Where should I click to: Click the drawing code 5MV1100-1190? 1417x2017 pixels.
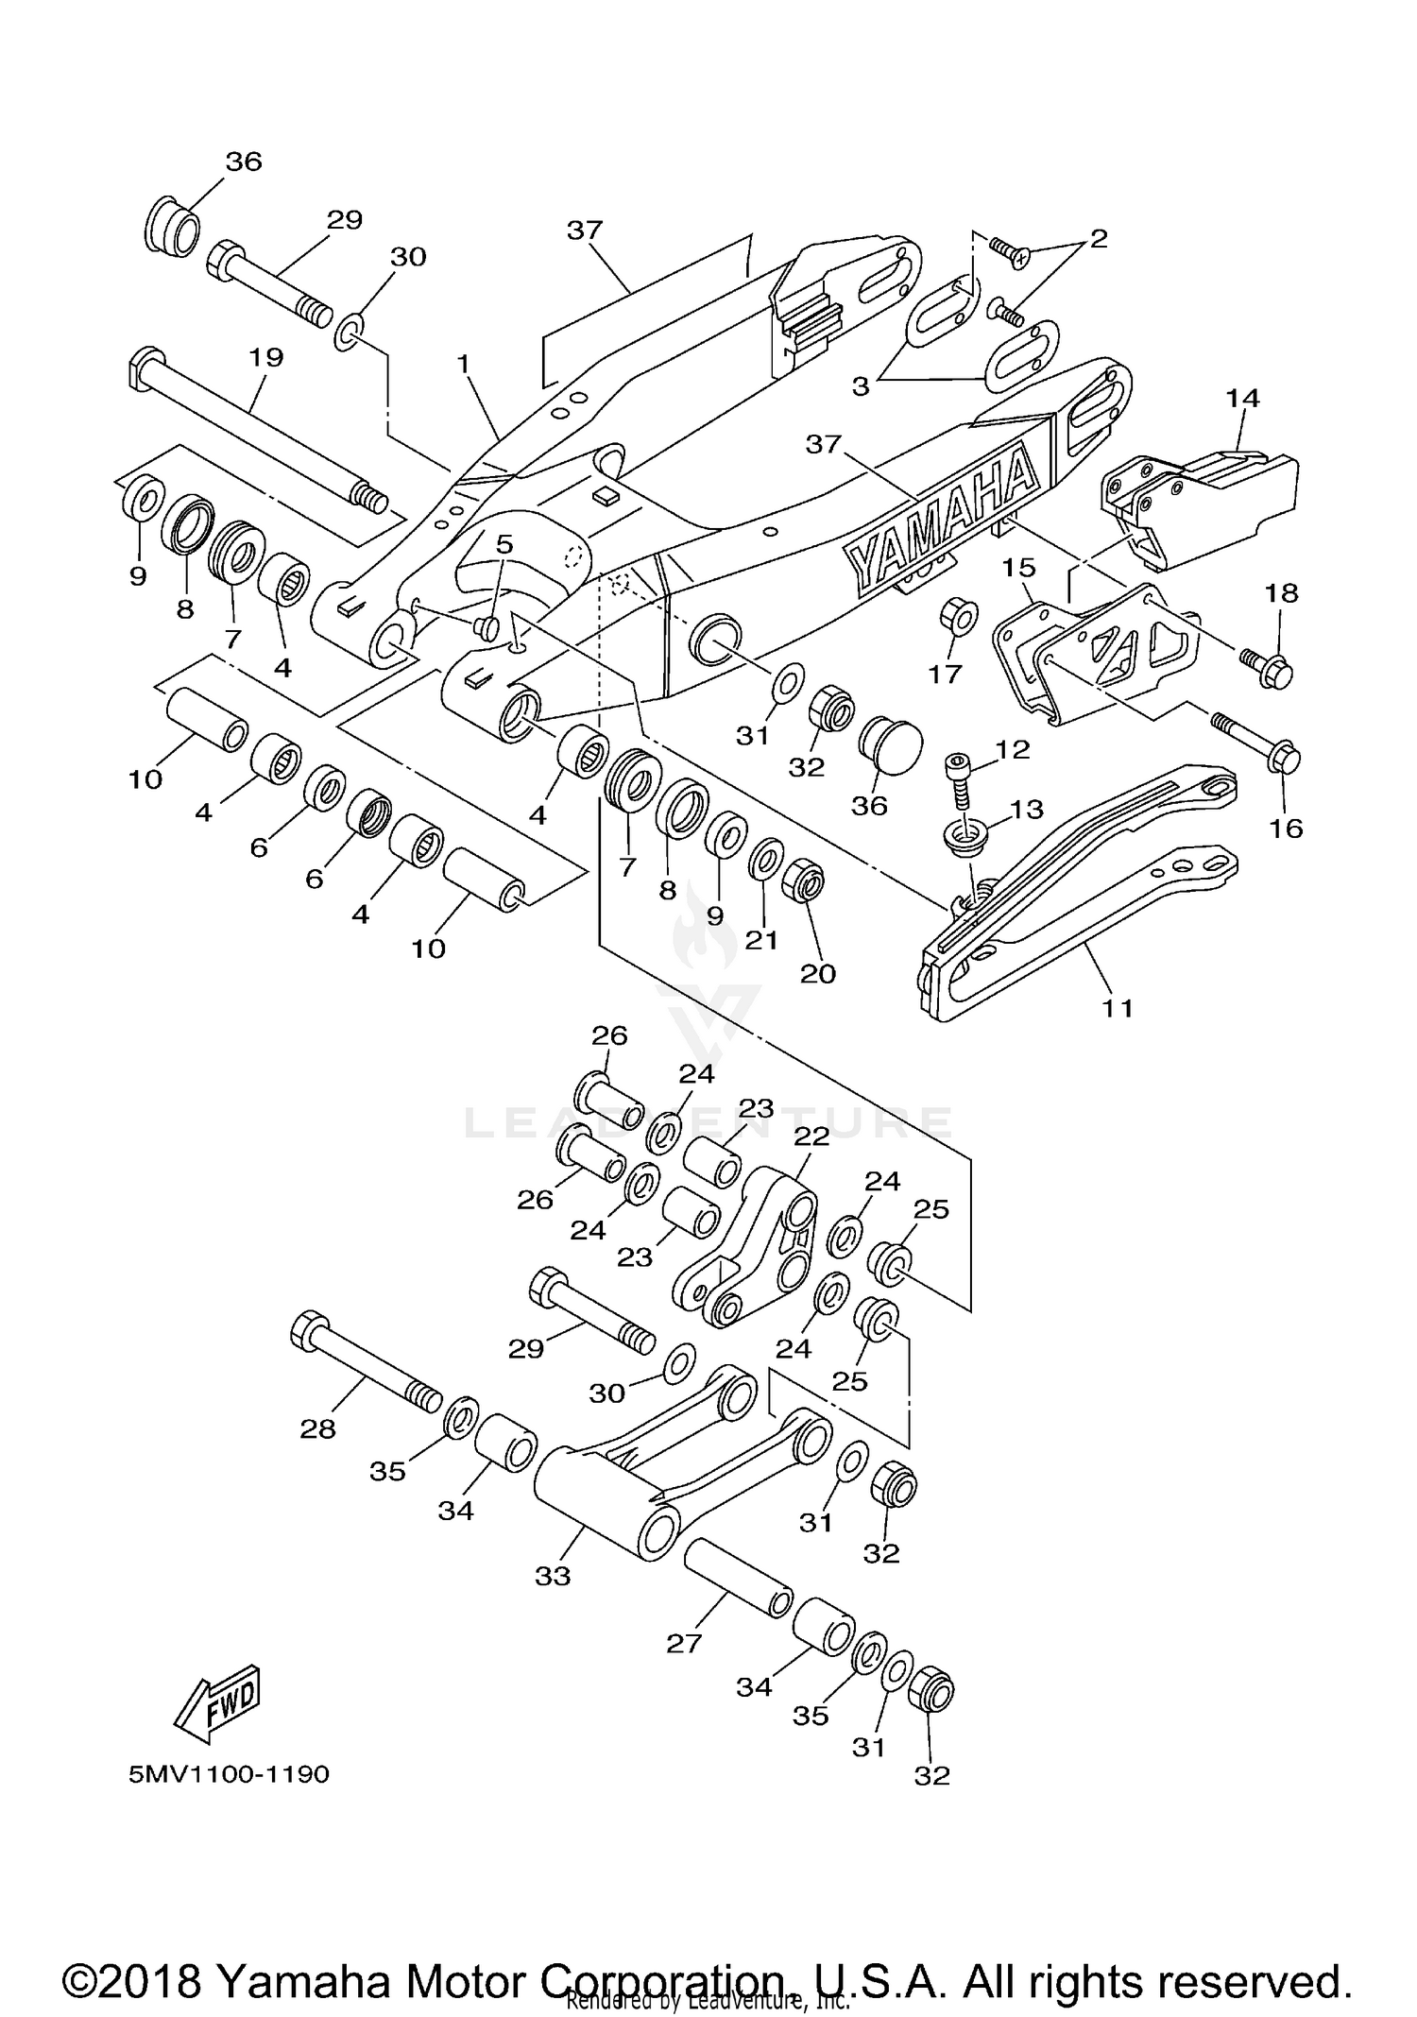(x=230, y=1774)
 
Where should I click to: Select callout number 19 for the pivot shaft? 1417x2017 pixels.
(x=266, y=357)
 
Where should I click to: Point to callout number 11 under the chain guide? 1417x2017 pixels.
(x=1118, y=1008)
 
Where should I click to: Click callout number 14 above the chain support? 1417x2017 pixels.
(x=1243, y=398)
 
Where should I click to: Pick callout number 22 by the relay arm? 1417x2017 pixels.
(x=811, y=1136)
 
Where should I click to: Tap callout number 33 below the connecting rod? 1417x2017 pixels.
(x=553, y=1576)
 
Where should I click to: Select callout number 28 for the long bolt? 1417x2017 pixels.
(x=317, y=1429)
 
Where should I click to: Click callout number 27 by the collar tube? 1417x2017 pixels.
(x=684, y=1644)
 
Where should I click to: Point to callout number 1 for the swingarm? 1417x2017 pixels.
(x=463, y=363)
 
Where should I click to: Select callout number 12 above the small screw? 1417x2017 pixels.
(x=1012, y=749)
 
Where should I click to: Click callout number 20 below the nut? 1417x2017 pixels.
(x=818, y=973)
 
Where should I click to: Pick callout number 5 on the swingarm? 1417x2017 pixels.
(x=504, y=544)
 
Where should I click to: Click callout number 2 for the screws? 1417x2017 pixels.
(x=1098, y=238)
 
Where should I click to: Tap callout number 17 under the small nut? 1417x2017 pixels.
(x=945, y=674)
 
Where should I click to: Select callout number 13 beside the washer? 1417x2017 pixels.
(x=1026, y=809)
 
